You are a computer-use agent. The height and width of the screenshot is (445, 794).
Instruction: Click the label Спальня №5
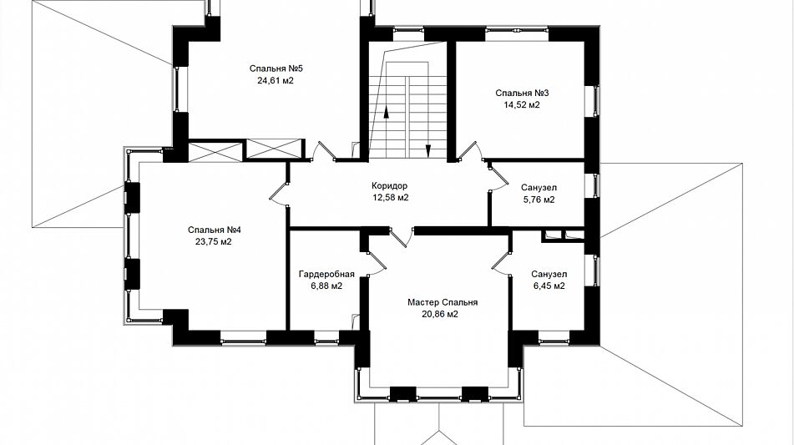coord(276,68)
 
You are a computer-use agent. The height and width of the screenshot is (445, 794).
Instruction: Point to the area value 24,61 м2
coord(276,80)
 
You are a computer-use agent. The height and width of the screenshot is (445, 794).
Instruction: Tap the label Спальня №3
coord(522,94)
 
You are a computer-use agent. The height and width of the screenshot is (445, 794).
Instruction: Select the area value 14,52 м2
coord(521,105)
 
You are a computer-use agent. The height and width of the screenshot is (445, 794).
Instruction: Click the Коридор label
coord(389,186)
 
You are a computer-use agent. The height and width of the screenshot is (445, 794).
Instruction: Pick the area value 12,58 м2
coord(391,197)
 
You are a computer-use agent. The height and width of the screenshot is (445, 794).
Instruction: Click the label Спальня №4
coord(215,230)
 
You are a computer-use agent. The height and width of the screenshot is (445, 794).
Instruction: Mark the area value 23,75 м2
coord(213,241)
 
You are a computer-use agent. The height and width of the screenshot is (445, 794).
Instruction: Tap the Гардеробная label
coord(326,275)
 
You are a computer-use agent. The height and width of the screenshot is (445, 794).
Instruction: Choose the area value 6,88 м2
coord(326,286)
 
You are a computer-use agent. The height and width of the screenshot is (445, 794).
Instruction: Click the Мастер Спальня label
coord(443,303)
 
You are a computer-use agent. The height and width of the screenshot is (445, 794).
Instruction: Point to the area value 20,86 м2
coord(440,315)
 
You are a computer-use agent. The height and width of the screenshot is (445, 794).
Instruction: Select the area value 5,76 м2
coord(539,200)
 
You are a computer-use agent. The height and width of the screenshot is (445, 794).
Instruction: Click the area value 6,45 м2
coord(549,286)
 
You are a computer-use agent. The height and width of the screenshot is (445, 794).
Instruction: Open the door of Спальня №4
coord(279,194)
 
